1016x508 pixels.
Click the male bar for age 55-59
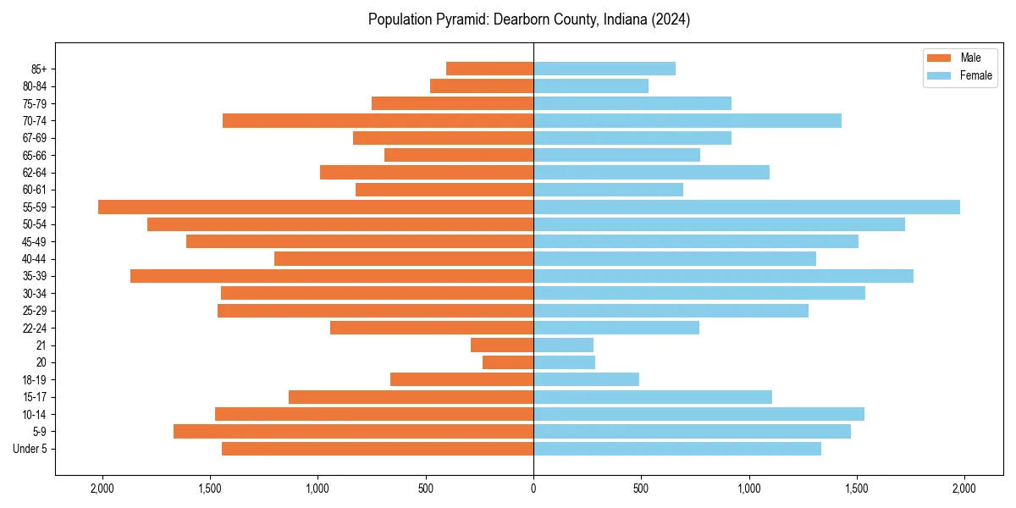coord(316,207)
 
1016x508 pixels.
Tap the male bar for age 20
coord(508,362)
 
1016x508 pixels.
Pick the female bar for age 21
coord(563,345)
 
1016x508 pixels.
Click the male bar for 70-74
coord(378,121)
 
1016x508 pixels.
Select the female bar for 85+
coord(605,69)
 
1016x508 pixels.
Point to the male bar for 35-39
coord(332,276)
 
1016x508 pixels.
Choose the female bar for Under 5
coord(677,449)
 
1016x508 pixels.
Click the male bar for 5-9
coord(353,432)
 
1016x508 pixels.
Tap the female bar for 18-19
coord(586,380)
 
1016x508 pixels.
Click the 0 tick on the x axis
coord(533,489)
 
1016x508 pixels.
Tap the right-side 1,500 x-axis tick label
coord(857,489)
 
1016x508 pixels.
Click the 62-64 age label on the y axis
coord(34,173)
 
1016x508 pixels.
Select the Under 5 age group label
coord(30,449)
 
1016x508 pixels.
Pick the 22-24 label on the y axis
coord(34,329)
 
